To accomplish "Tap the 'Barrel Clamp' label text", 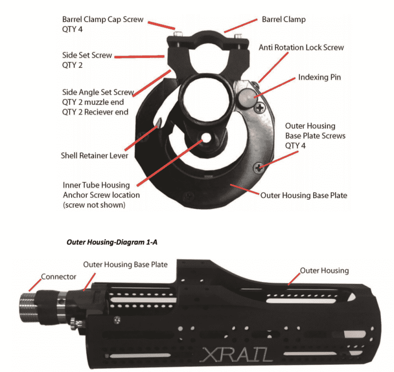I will click(284, 20).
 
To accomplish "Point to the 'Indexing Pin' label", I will click(320, 77).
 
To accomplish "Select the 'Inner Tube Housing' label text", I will click(96, 185).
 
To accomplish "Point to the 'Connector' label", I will click(58, 276).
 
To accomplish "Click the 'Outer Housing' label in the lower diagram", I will click(324, 270).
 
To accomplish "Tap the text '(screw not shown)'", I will click(95, 205).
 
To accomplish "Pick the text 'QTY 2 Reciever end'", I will click(95, 112).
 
